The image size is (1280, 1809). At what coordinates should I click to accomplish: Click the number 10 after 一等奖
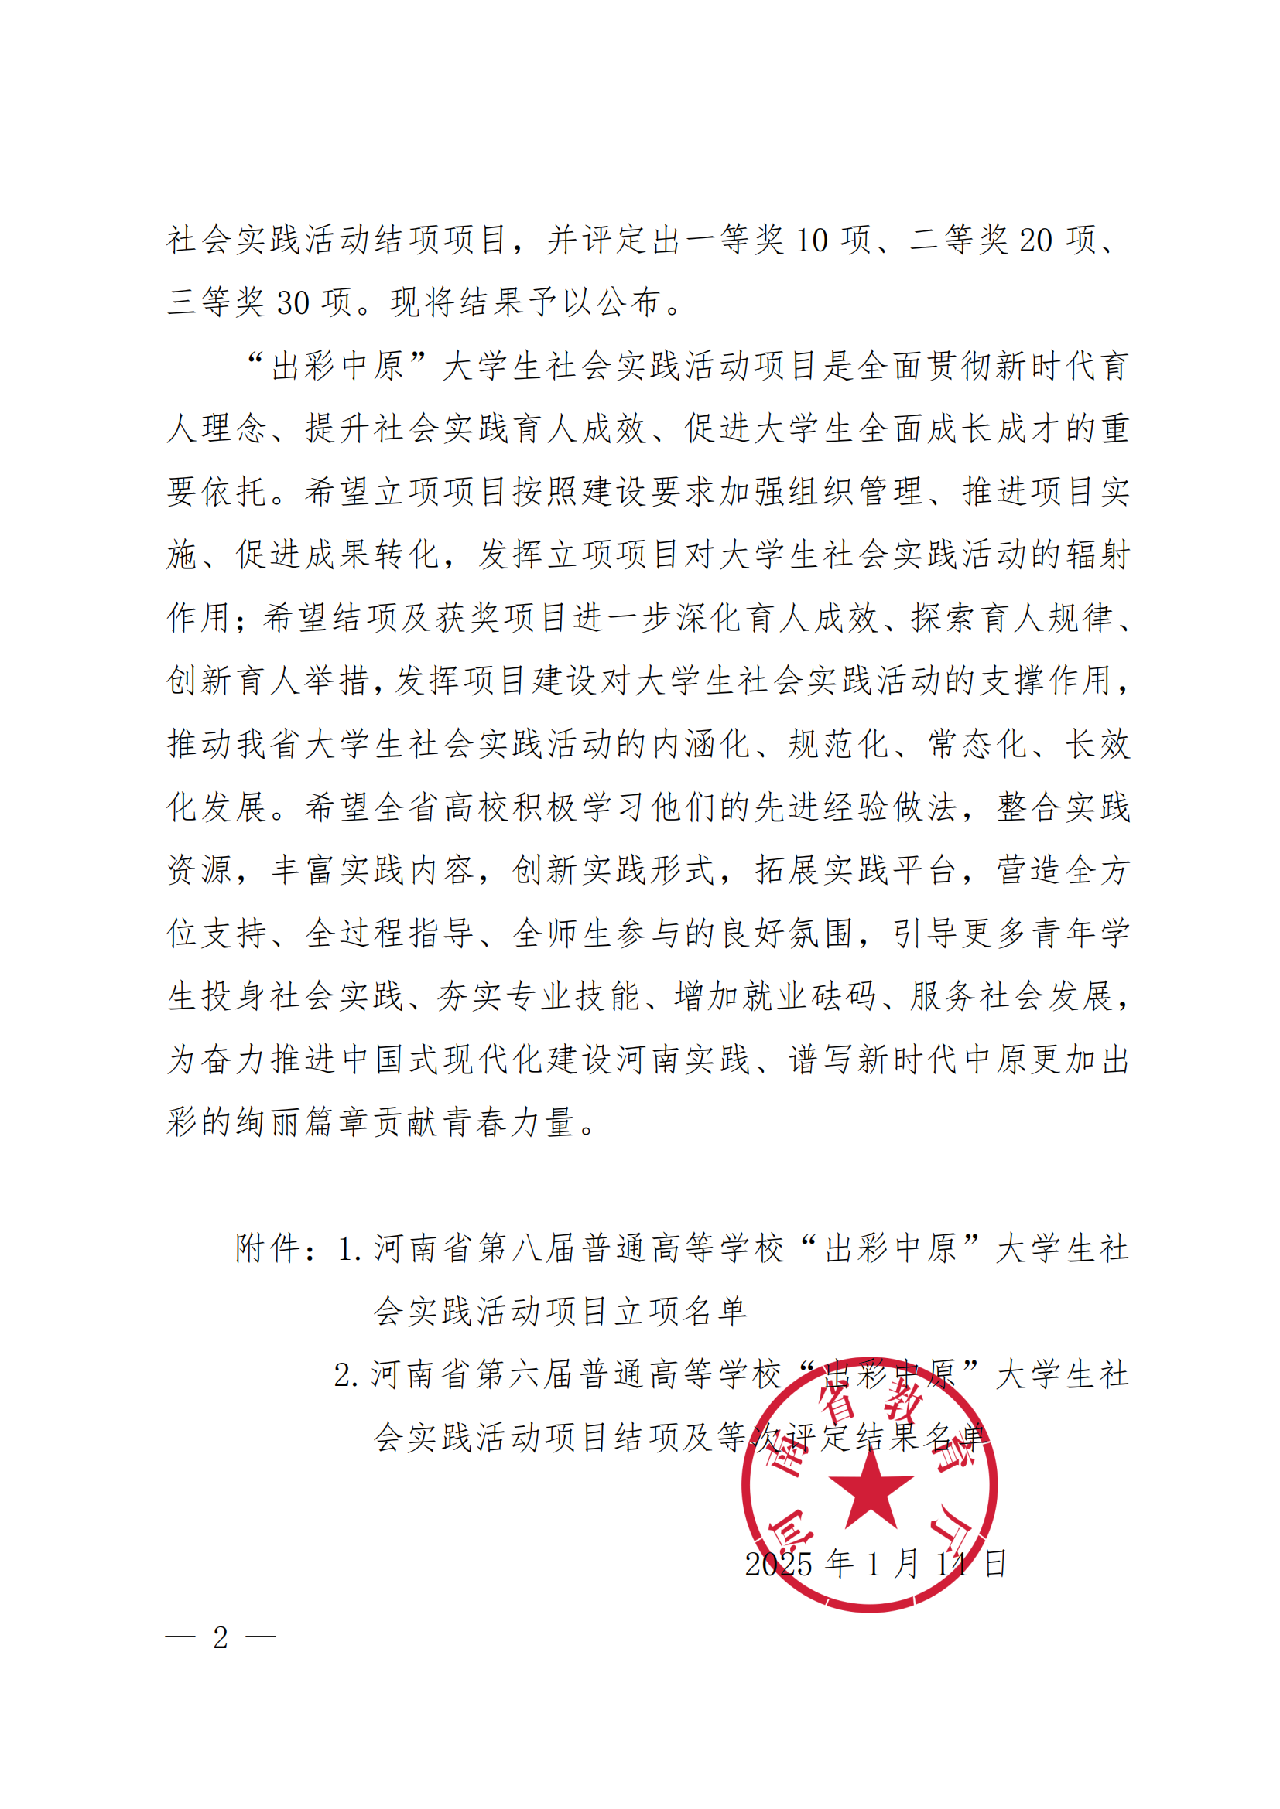811,241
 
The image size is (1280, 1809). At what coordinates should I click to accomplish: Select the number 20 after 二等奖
1035,241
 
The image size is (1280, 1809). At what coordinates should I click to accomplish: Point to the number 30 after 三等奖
293,303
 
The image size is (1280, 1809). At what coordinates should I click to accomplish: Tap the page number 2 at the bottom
221,1638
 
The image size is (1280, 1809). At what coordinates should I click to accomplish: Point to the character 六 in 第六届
526,1375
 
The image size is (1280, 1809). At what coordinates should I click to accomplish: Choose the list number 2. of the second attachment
346,1376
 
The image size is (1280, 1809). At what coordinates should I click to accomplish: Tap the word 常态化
977,745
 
